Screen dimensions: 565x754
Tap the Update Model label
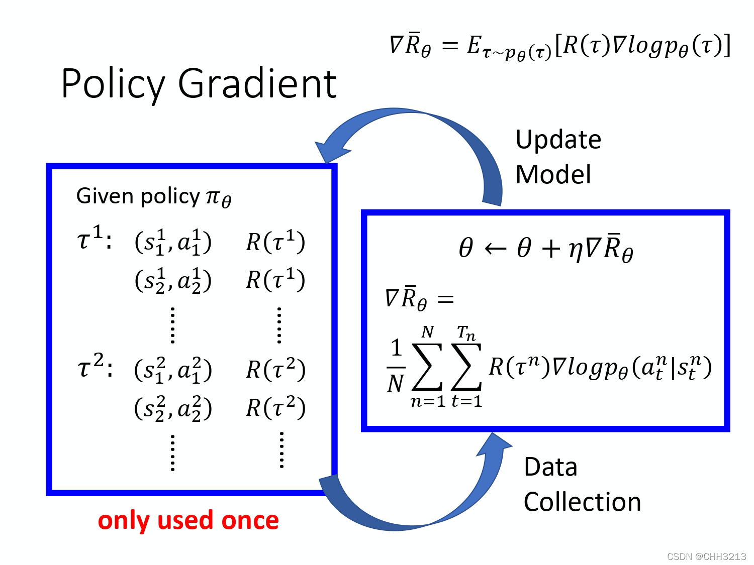pyautogui.click(x=558, y=157)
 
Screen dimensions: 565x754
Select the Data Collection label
pyautogui.click(x=582, y=484)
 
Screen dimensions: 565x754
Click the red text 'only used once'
pyautogui.click(x=188, y=520)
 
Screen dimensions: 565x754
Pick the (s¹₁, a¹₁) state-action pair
pyautogui.click(x=173, y=242)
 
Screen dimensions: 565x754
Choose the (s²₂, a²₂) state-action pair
pyautogui.click(x=173, y=408)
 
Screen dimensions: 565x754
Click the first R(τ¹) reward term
pyautogui.click(x=275, y=242)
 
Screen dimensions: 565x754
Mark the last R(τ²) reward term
pyautogui.click(x=275, y=408)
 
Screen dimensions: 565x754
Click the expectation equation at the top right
pyautogui.click(x=560, y=46)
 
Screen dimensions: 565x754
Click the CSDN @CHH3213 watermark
pyautogui.click(x=706, y=556)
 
